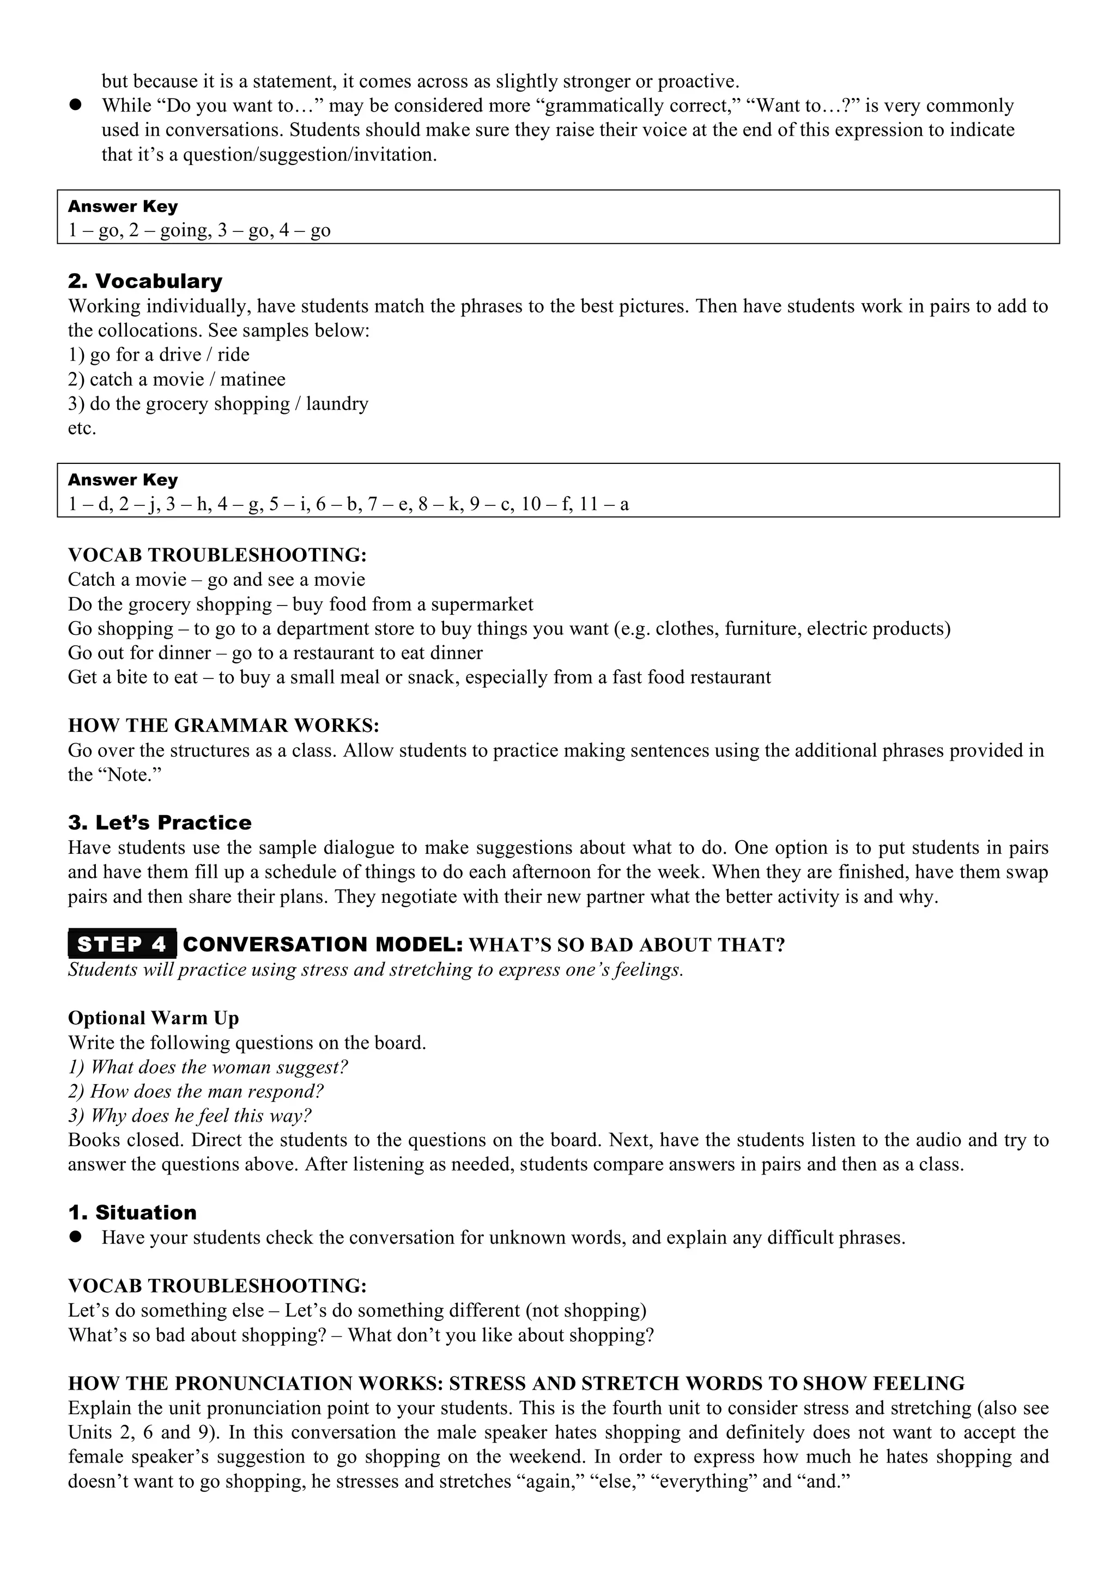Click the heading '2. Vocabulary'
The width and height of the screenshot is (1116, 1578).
click(145, 281)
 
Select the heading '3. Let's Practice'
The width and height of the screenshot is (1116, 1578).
click(160, 823)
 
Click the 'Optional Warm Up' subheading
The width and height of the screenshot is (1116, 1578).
click(153, 1018)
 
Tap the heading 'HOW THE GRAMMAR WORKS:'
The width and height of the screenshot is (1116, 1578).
click(223, 726)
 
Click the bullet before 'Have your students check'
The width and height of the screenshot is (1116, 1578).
click(76, 1237)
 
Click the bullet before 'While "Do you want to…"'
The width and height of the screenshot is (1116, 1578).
click(76, 106)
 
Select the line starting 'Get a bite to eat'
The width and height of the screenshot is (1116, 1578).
click(418, 678)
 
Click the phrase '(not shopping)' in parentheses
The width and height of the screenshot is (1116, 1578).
click(586, 1311)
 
